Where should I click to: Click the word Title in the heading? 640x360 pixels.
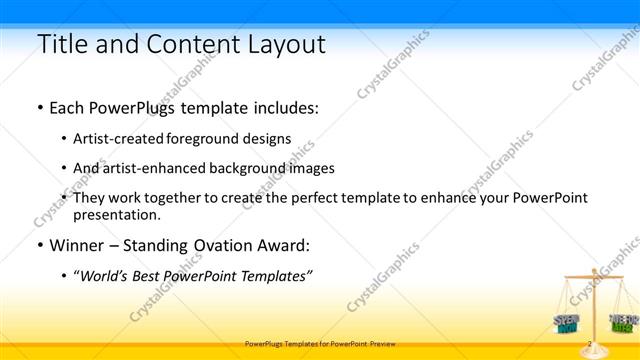point(62,44)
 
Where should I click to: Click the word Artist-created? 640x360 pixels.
point(123,139)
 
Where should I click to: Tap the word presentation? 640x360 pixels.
point(116,214)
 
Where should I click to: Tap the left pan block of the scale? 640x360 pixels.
point(566,321)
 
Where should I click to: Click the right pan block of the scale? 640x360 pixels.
point(622,321)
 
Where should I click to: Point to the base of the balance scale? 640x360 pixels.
point(594,343)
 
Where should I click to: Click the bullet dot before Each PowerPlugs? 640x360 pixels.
point(39,107)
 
